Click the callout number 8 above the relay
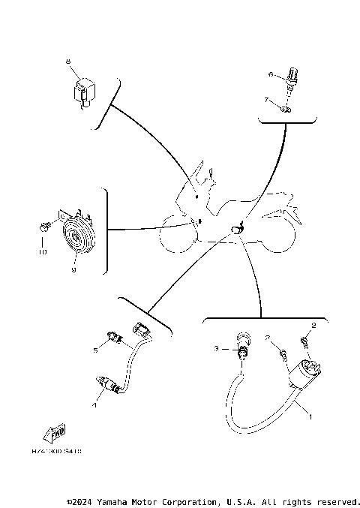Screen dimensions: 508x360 [67, 61]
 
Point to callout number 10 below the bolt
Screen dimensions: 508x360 [43, 253]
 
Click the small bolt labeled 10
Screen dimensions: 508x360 [43, 225]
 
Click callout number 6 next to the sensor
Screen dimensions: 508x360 [271, 74]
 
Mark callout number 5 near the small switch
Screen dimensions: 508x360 [96, 350]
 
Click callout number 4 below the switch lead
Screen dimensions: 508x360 [94, 406]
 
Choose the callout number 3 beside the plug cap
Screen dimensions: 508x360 [216, 349]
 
